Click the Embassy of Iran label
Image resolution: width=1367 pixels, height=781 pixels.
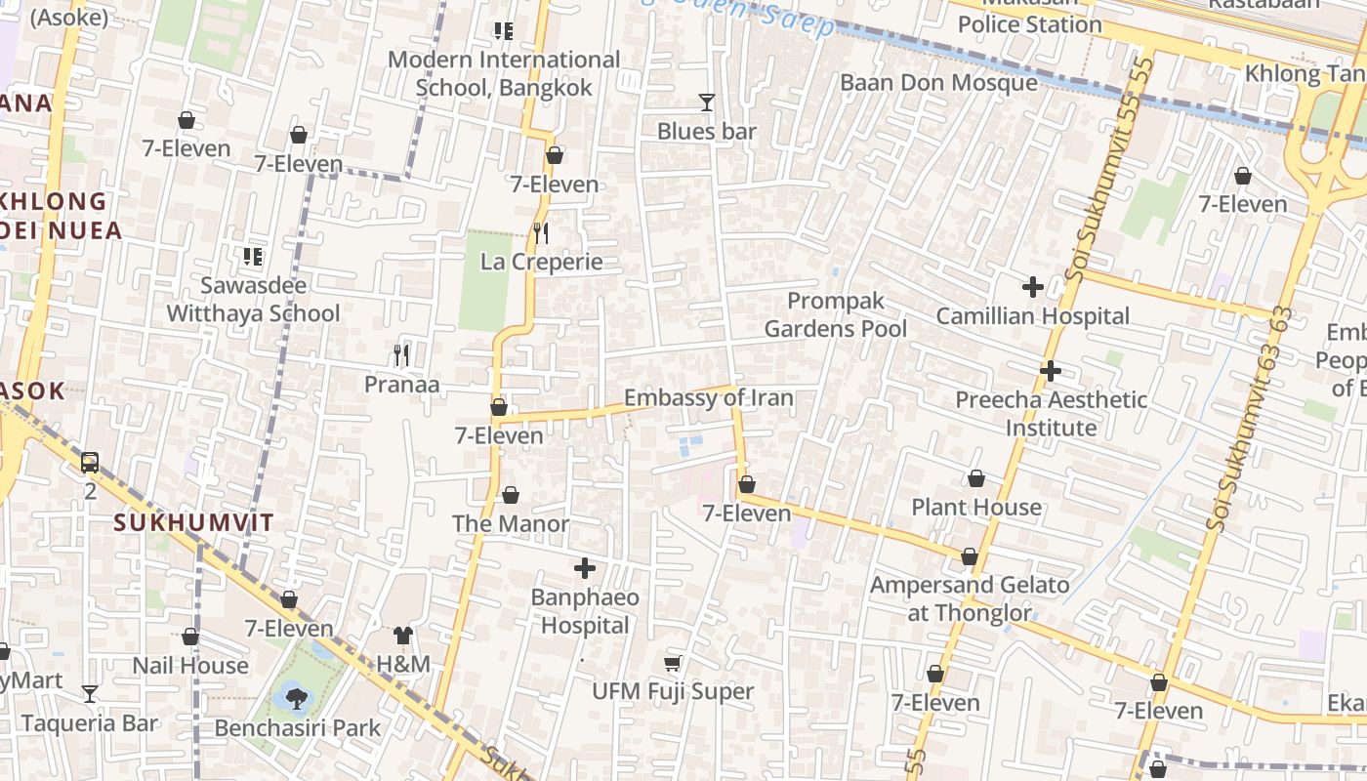(708, 398)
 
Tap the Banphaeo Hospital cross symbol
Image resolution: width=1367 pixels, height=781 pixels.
(585, 568)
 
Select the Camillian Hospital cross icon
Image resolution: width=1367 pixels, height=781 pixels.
(1032, 287)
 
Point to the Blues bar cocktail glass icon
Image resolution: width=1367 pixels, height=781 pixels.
(707, 103)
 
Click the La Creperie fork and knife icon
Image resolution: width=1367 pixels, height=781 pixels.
(541, 233)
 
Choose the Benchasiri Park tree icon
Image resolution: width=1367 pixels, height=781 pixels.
(296, 698)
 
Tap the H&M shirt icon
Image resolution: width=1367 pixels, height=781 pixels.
(403, 636)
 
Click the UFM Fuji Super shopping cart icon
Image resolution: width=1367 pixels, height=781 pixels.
(673, 664)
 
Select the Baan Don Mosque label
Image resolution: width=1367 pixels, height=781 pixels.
(938, 83)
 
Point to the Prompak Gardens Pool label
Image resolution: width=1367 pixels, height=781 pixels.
(835, 315)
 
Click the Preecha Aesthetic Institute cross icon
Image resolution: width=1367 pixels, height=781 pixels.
(1051, 371)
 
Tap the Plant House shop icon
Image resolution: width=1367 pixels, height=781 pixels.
(975, 478)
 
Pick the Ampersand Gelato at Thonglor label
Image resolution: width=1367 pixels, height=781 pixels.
(970, 599)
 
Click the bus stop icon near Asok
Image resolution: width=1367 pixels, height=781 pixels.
(90, 462)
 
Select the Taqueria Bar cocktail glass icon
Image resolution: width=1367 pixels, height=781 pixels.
(90, 694)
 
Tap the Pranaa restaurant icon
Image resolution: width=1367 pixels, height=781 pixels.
(401, 354)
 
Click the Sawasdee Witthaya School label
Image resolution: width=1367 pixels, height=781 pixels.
(253, 300)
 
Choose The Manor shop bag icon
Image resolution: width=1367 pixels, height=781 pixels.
(510, 496)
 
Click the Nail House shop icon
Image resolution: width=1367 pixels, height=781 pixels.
(190, 637)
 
